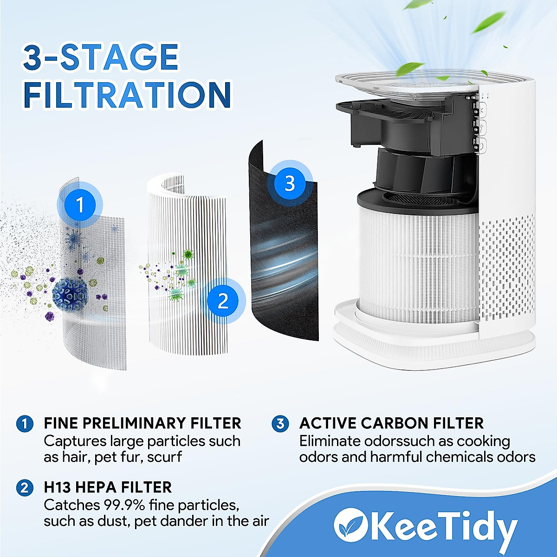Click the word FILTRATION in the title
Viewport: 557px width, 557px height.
(x=127, y=95)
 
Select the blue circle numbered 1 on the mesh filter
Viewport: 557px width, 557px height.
(x=80, y=204)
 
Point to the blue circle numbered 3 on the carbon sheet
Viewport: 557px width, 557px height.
(x=290, y=183)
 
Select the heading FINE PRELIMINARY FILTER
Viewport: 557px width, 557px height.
(x=142, y=423)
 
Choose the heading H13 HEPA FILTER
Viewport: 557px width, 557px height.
(x=108, y=487)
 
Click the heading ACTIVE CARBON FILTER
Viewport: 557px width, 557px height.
(x=391, y=423)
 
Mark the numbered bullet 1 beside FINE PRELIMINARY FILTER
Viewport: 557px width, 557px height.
(x=25, y=423)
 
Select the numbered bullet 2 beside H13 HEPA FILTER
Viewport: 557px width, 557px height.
(x=25, y=487)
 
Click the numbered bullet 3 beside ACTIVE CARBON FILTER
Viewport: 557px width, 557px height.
(x=280, y=423)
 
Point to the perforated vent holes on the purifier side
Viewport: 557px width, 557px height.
(x=506, y=269)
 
